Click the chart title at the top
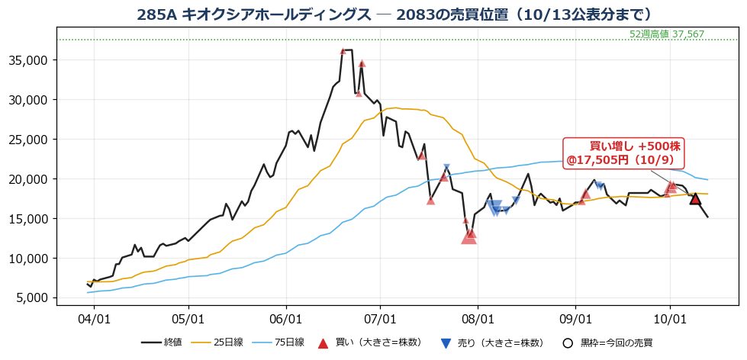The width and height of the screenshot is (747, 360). pos(394,14)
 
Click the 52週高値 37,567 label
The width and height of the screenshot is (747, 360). pos(666,34)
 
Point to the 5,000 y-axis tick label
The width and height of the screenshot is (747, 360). pos(36,297)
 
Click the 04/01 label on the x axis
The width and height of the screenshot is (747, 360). pos(94,317)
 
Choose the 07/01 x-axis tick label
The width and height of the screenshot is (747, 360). pos(380,317)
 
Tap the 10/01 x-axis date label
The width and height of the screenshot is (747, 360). pos(670,317)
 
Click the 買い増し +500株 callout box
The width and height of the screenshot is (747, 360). pos(623,153)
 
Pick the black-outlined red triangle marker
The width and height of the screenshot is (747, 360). pos(695,198)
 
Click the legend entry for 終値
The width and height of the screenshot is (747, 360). pos(162,342)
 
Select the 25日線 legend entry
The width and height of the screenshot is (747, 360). pos(217,342)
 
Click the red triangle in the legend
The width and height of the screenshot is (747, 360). pos(323,342)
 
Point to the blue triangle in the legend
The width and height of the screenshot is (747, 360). pos(445,343)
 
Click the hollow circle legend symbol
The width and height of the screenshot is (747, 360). pos(566,342)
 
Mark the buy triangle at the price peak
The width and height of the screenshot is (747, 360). pos(343,51)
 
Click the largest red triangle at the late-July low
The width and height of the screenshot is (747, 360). pos(468,237)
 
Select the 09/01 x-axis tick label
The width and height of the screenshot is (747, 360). pos(575,317)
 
